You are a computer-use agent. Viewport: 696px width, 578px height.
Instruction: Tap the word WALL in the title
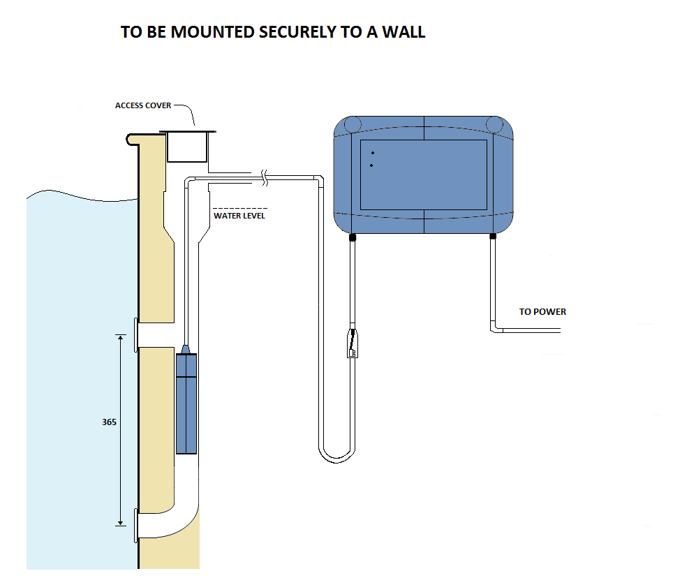[x=404, y=32]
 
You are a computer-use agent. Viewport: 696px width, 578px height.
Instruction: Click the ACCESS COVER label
[x=143, y=105]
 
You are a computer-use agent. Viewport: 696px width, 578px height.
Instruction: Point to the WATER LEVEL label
[x=239, y=216]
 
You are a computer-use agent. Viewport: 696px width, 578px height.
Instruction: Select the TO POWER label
[x=542, y=311]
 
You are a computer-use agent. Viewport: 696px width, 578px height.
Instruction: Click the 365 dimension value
[x=109, y=422]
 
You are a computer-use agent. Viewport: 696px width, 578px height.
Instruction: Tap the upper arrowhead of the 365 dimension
[x=120, y=338]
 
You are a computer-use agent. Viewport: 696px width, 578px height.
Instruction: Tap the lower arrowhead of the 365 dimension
[x=120, y=522]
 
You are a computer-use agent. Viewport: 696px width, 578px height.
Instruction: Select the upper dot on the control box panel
[x=373, y=153]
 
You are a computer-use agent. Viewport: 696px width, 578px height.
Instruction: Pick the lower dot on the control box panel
[x=371, y=165]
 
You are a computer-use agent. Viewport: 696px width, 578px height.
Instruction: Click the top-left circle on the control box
[x=353, y=124]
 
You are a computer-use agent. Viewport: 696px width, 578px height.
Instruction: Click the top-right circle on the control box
[x=494, y=124]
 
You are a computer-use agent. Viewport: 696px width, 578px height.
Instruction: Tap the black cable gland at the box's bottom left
[x=353, y=237]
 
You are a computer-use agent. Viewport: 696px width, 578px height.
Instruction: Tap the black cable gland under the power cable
[x=493, y=237]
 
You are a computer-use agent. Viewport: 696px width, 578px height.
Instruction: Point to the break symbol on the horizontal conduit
[x=265, y=177]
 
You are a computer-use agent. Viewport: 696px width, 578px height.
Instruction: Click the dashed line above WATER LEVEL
[x=240, y=208]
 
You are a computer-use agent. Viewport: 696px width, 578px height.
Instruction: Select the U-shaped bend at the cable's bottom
[x=337, y=455]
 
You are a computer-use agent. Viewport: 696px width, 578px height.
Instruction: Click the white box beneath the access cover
[x=187, y=147]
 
